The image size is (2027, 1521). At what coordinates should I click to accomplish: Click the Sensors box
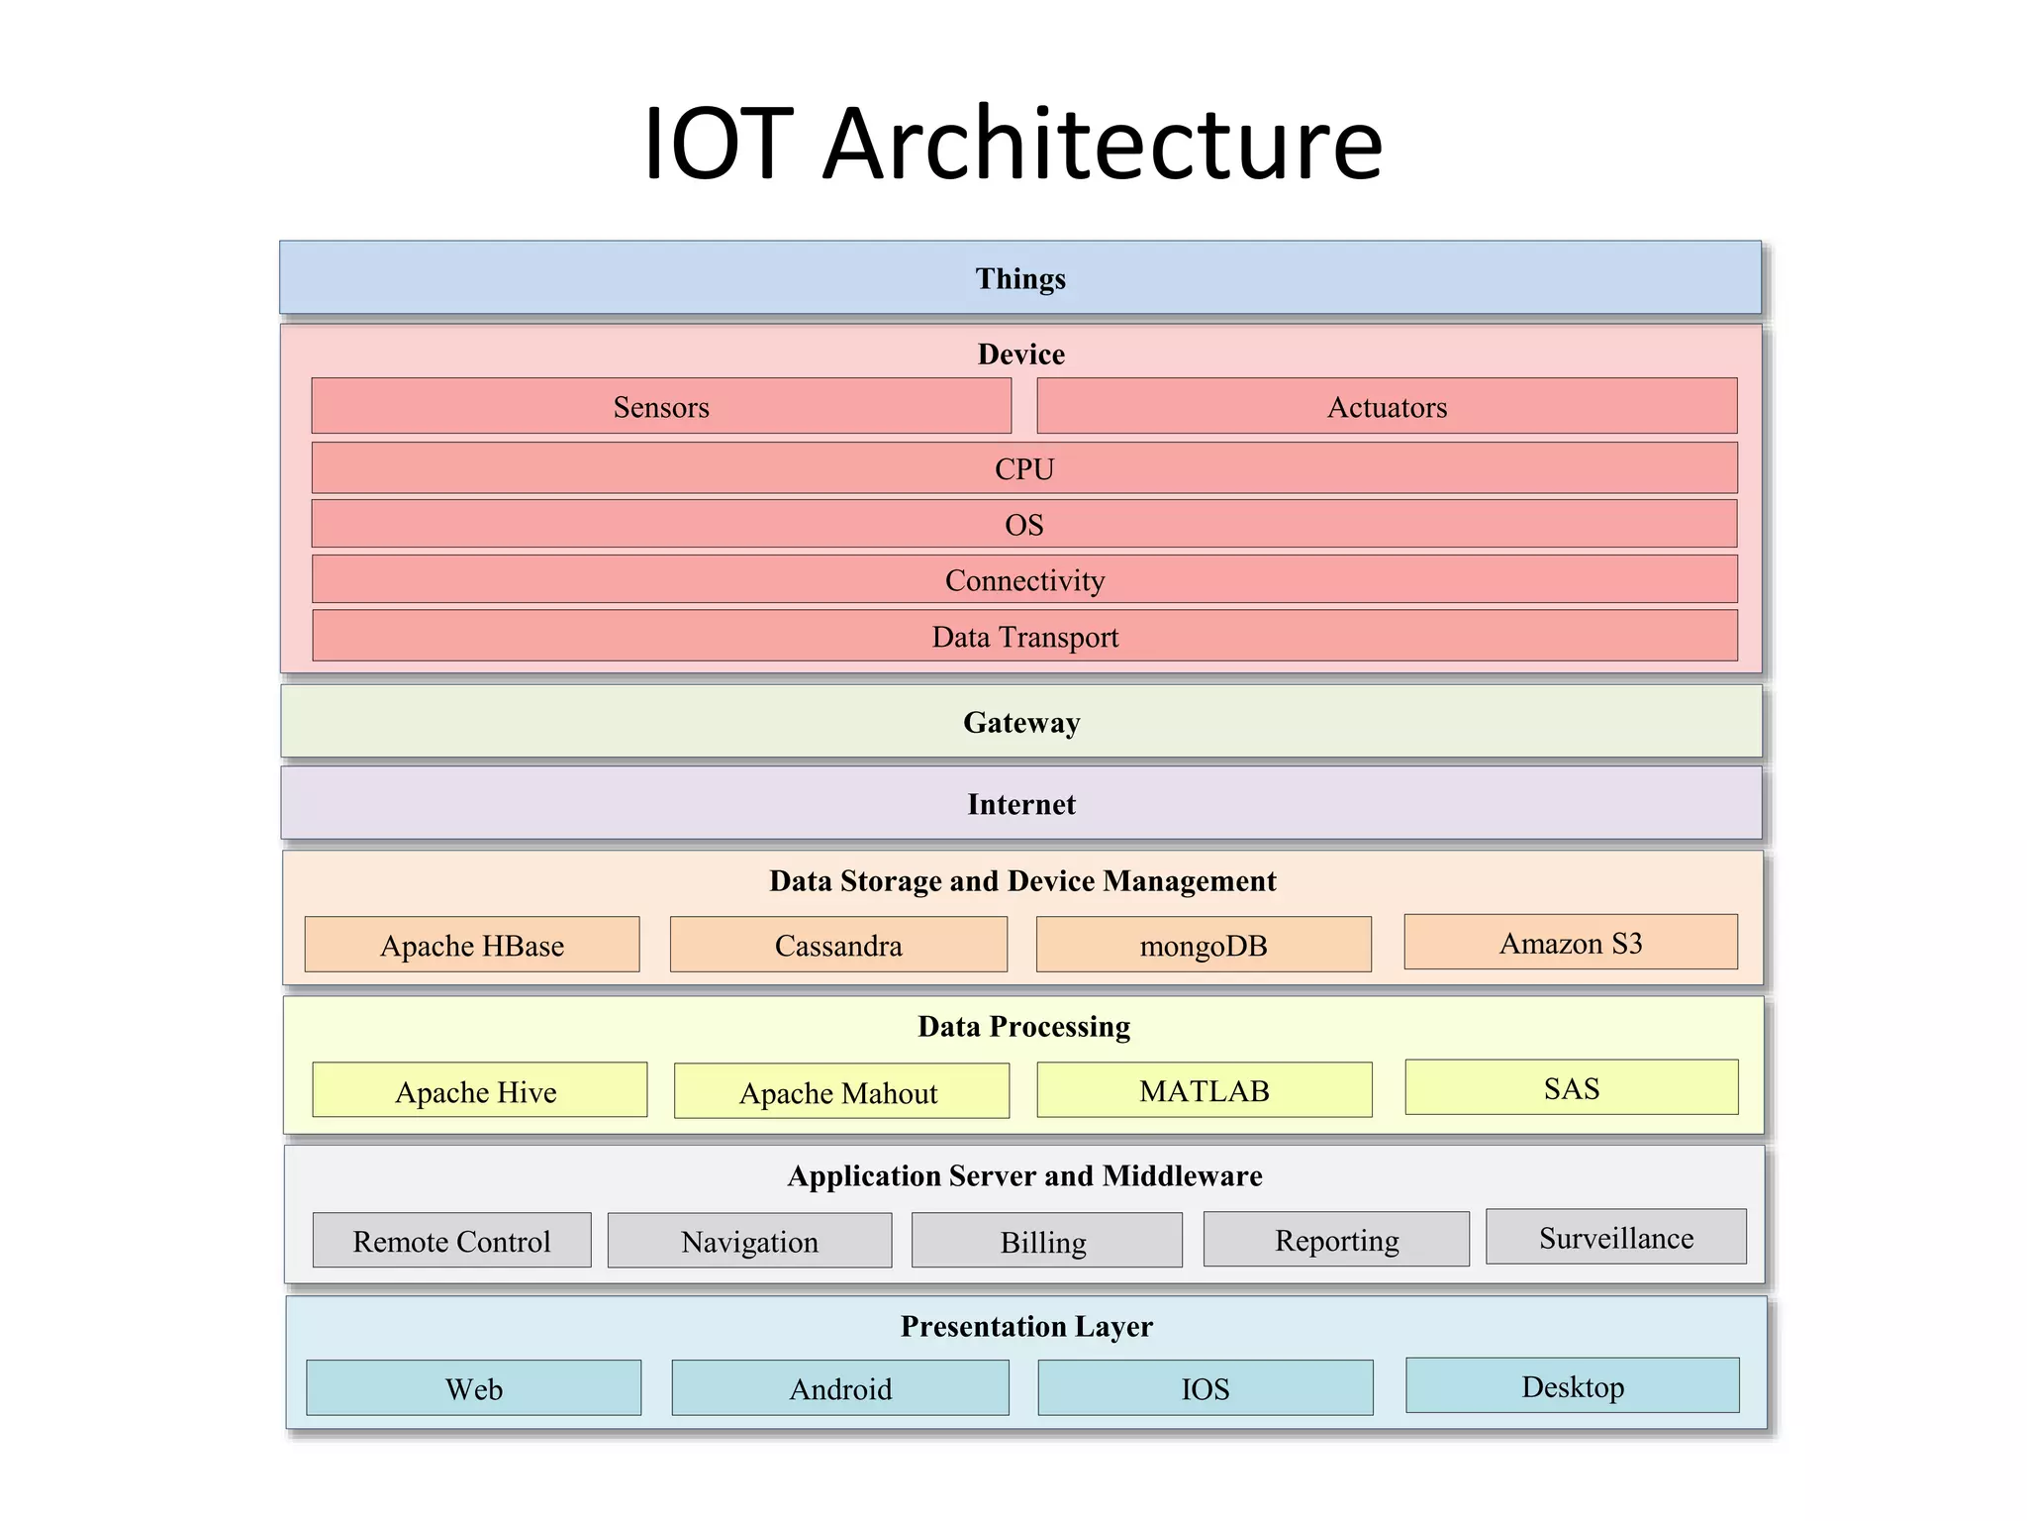[661, 406]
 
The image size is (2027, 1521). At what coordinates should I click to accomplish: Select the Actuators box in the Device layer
[1387, 406]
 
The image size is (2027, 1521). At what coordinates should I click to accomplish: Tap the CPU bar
[1024, 468]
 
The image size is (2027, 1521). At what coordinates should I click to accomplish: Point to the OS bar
[1024, 524]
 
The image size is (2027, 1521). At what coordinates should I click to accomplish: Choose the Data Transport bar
[1024, 636]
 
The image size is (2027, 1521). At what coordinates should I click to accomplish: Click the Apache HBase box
[472, 945]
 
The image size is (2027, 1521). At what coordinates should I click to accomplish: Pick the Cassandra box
[838, 945]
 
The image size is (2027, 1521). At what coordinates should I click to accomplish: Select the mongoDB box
[1204, 945]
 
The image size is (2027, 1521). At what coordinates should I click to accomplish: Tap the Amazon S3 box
[1571, 942]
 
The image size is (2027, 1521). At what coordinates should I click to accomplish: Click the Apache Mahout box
[841, 1091]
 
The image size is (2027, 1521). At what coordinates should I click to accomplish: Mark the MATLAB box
[1205, 1090]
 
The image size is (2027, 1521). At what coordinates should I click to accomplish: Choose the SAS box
[1572, 1087]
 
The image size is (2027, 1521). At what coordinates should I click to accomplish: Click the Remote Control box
[452, 1241]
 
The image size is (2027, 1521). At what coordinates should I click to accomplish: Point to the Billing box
[1046, 1241]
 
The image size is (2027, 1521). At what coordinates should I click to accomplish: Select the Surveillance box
[1616, 1237]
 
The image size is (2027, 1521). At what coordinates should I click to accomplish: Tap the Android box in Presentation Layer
[840, 1388]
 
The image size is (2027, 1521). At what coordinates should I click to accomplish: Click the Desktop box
[1573, 1385]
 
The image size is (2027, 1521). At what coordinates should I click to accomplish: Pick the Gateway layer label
[1021, 722]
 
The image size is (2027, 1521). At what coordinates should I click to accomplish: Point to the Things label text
[1020, 278]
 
